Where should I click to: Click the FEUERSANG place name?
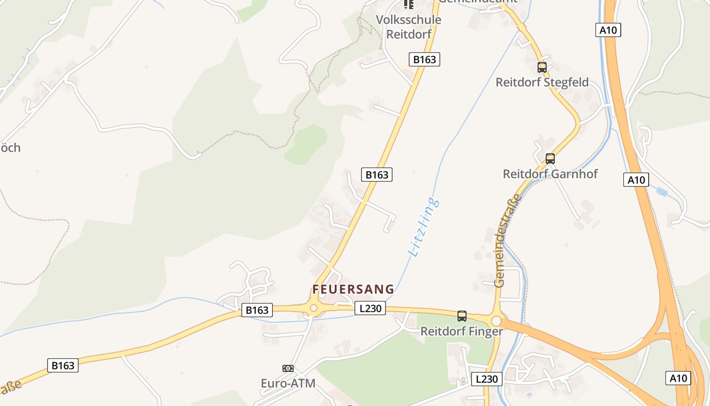pyautogui.click(x=353, y=289)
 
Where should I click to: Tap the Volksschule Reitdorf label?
pyautogui.click(x=408, y=27)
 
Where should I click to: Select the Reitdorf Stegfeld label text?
pyautogui.click(x=542, y=82)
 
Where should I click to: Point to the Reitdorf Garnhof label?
pyautogui.click(x=550, y=174)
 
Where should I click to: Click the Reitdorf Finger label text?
pyautogui.click(x=461, y=331)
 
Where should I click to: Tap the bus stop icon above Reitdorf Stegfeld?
pyautogui.click(x=542, y=67)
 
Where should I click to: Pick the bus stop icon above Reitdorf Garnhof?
pyautogui.click(x=550, y=158)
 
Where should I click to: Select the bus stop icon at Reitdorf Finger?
pyautogui.click(x=461, y=316)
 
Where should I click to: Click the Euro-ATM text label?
pyautogui.click(x=288, y=383)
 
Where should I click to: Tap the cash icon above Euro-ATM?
pyautogui.click(x=288, y=368)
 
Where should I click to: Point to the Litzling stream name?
pyautogui.click(x=423, y=227)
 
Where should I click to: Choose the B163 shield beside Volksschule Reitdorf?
pyautogui.click(x=424, y=59)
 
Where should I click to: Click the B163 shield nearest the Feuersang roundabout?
pyautogui.click(x=257, y=310)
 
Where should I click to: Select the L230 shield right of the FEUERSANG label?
pyautogui.click(x=370, y=308)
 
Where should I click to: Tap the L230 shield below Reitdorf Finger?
pyautogui.click(x=487, y=379)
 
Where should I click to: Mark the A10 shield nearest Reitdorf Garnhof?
pyautogui.click(x=636, y=180)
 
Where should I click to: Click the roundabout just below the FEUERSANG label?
pyautogui.click(x=313, y=308)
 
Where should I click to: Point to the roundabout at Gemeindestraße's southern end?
pyautogui.click(x=496, y=321)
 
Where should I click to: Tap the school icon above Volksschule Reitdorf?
pyautogui.click(x=408, y=5)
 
